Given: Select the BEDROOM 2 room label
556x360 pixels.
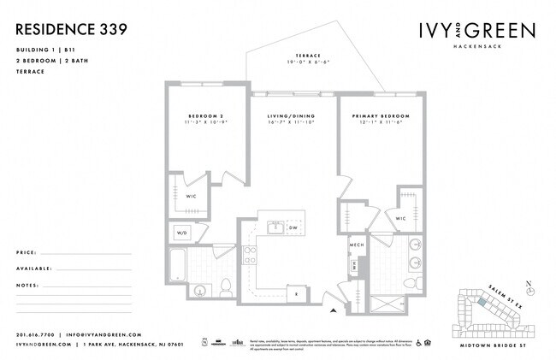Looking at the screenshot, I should [206, 115].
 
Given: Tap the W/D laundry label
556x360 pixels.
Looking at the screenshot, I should [181, 233].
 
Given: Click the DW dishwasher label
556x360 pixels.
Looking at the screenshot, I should [293, 228].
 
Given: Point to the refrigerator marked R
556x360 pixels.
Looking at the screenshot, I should [297, 293].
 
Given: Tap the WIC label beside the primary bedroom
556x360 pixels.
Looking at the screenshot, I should [400, 218].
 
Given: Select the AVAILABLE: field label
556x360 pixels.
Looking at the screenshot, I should [33, 269].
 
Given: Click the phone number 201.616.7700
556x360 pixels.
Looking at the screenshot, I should [34, 334].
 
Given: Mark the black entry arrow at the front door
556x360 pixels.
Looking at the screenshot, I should [334, 308].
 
